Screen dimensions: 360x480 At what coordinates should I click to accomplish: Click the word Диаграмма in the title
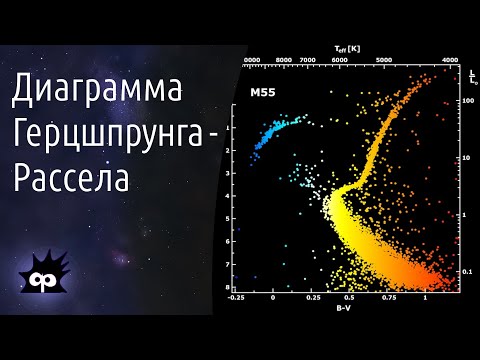click(x=98, y=92)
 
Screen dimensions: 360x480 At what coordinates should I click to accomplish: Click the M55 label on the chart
click(x=263, y=92)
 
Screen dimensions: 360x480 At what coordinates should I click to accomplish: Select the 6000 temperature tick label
click(x=340, y=60)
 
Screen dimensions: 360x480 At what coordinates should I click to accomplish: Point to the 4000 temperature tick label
click(x=450, y=60)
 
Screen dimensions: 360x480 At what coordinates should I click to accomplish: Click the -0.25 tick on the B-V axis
click(x=236, y=297)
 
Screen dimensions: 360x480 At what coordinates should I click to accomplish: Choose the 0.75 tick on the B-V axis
click(x=387, y=297)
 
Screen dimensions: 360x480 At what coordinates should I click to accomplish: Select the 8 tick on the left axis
click(x=229, y=287)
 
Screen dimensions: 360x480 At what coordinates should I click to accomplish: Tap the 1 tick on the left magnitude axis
click(x=229, y=127)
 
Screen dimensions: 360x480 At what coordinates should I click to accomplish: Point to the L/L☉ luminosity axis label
click(x=470, y=77)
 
